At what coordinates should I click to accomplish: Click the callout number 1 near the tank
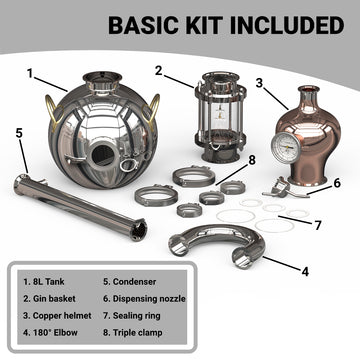(31, 73)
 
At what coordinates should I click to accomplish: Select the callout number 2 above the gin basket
(159, 70)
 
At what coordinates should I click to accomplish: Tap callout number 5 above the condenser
(20, 131)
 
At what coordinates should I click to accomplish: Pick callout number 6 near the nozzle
(338, 183)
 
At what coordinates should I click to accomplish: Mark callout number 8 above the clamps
(252, 159)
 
